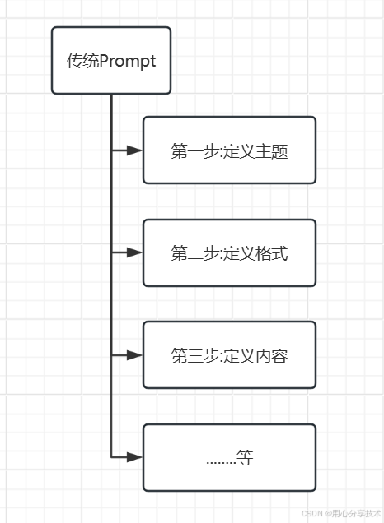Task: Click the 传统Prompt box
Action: (x=111, y=61)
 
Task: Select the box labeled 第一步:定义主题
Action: (x=229, y=150)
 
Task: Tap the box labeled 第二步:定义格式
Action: (x=229, y=253)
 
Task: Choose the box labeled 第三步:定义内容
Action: (x=229, y=355)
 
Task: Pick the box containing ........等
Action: (x=229, y=457)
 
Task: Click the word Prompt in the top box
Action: (x=128, y=62)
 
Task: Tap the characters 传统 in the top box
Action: (x=82, y=62)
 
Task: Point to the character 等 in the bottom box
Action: (x=245, y=458)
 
